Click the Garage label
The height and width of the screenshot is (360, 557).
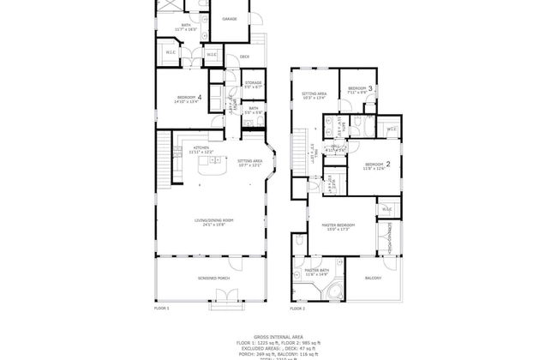point(230,19)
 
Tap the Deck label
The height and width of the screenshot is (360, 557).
point(244,58)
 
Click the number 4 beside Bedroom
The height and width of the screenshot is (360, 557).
point(200,97)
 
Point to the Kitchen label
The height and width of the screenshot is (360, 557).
point(201,147)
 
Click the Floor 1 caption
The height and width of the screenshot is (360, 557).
point(162,308)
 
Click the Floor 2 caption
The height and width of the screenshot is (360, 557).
point(297,308)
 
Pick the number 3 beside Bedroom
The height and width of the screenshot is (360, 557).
point(371,87)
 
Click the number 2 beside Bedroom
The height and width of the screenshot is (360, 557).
point(388,163)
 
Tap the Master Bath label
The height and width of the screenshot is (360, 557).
point(317,271)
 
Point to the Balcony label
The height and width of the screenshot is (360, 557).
point(373,278)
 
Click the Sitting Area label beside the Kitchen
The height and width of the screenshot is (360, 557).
point(250,160)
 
